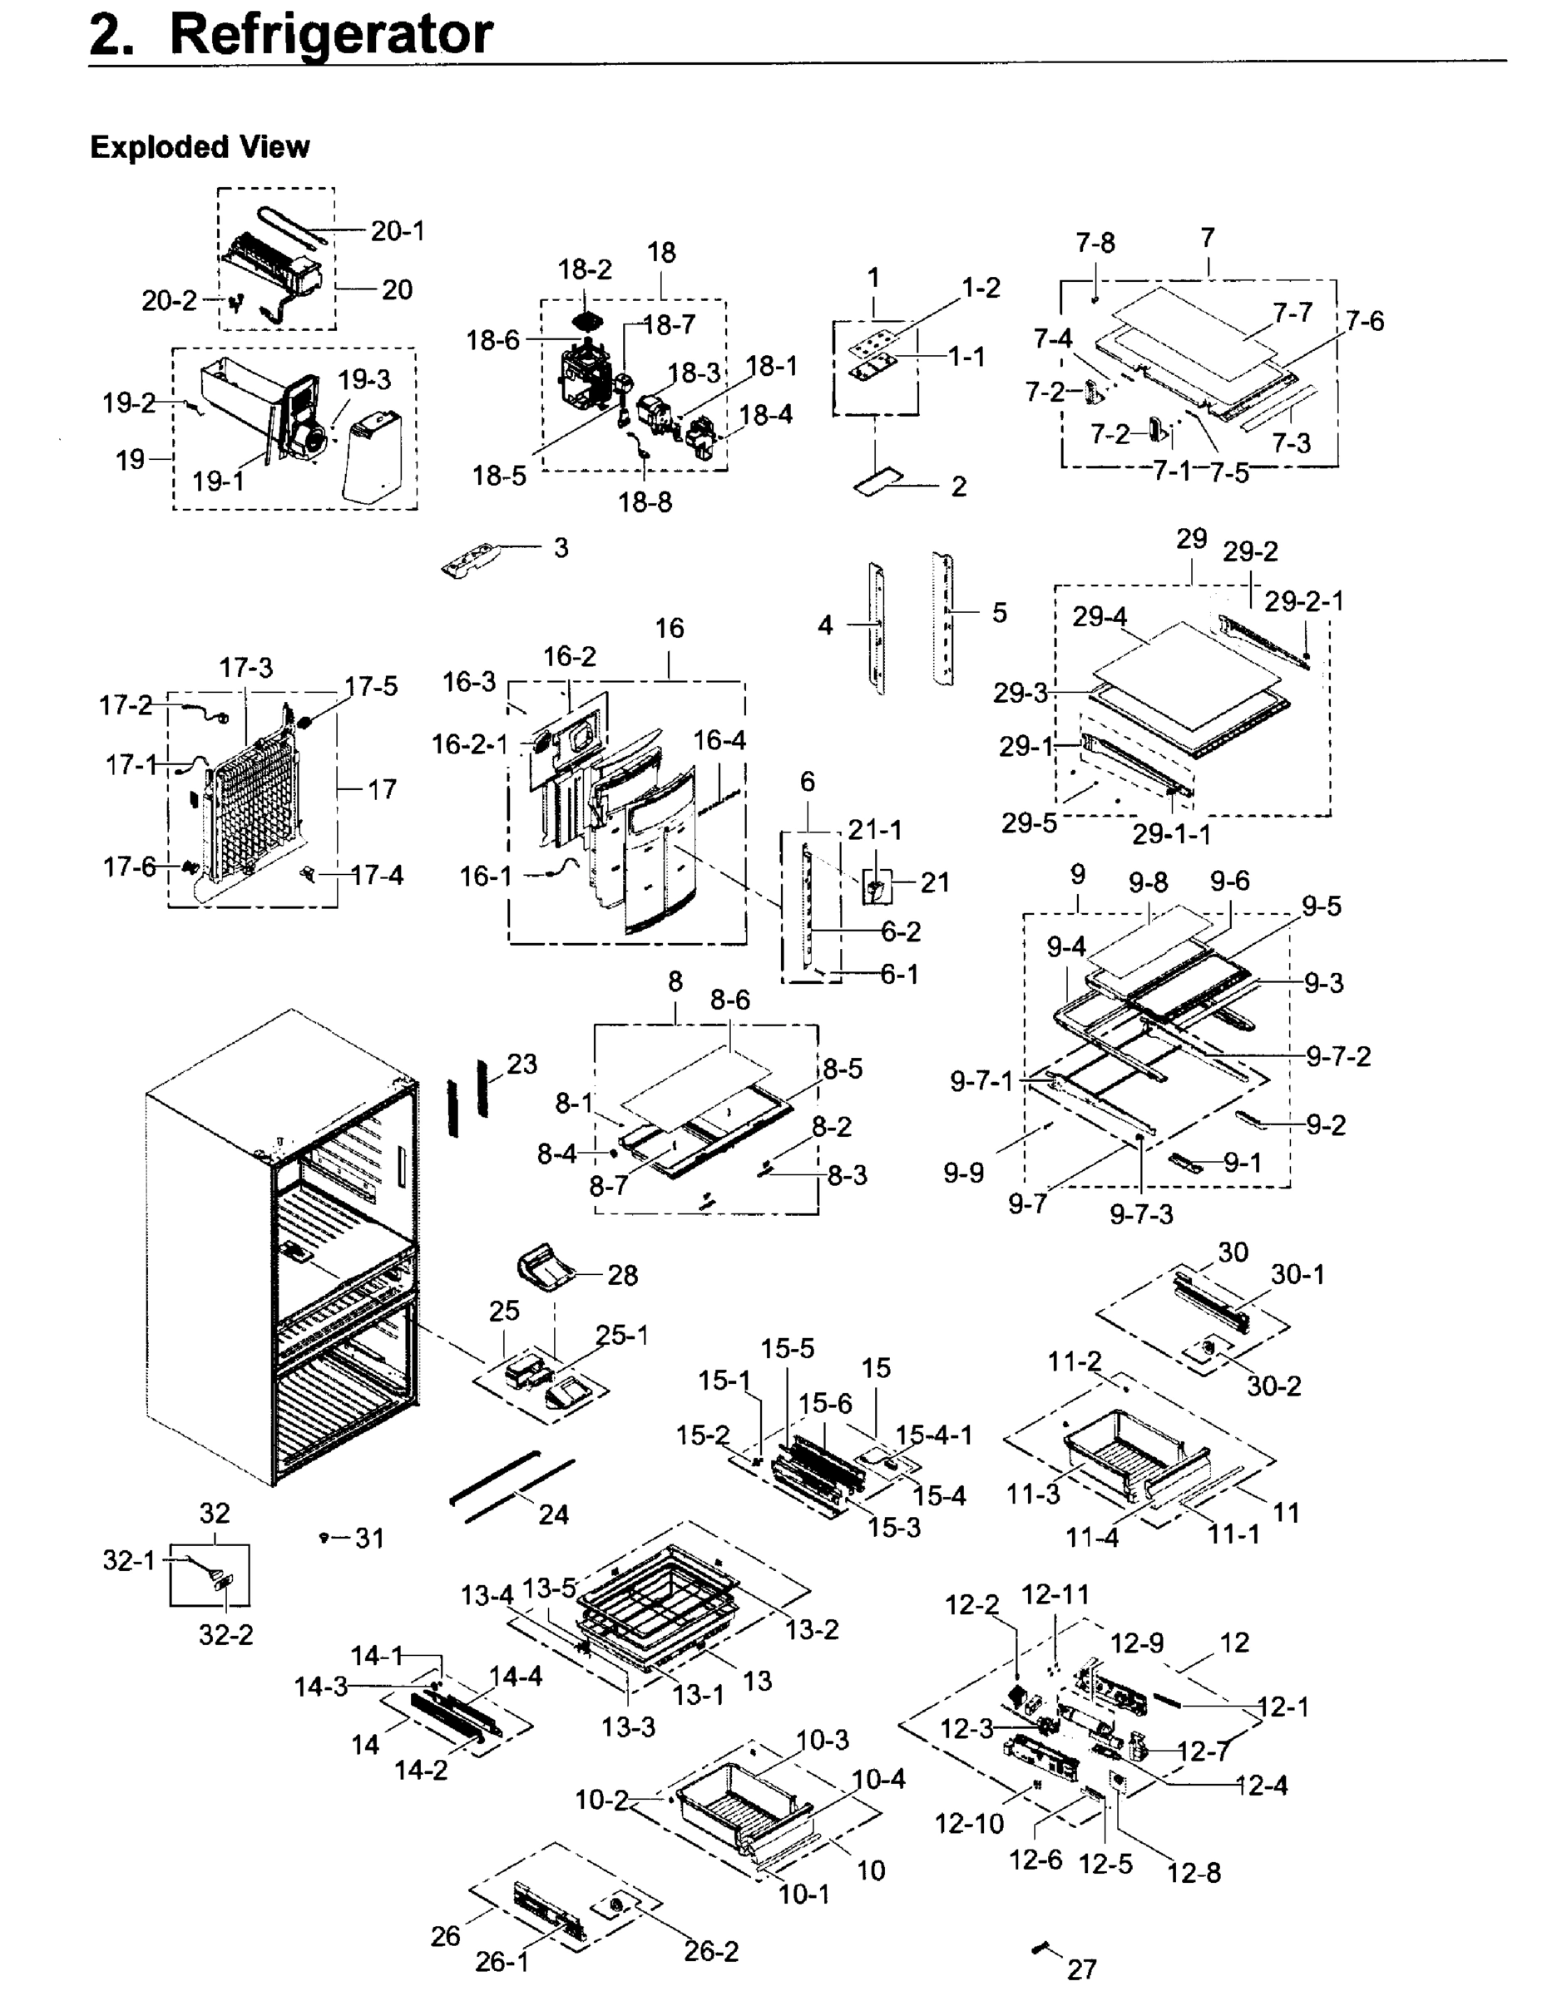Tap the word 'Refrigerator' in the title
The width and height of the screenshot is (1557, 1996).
331,35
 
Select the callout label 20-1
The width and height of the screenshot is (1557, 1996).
398,231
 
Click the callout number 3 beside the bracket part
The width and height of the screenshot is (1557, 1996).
561,547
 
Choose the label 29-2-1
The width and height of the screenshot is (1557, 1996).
1304,601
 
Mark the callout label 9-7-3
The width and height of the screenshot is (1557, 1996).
1141,1214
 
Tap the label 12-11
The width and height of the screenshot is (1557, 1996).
1055,1595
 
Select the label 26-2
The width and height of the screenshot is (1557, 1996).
711,1951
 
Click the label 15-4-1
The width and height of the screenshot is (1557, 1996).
934,1435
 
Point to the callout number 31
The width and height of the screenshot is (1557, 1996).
369,1539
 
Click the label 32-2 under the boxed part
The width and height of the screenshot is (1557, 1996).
225,1635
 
